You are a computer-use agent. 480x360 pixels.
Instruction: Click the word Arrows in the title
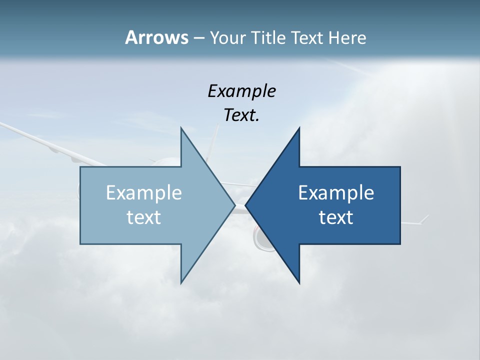click(156, 37)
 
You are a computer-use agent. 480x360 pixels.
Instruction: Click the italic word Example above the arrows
click(241, 91)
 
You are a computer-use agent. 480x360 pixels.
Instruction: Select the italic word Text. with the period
click(241, 115)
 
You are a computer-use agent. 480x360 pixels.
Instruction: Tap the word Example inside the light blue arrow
click(144, 193)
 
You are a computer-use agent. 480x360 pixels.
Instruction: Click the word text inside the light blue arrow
click(144, 217)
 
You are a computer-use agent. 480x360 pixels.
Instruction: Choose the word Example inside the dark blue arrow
click(336, 193)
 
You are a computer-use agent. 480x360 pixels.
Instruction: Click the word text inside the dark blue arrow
click(336, 217)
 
